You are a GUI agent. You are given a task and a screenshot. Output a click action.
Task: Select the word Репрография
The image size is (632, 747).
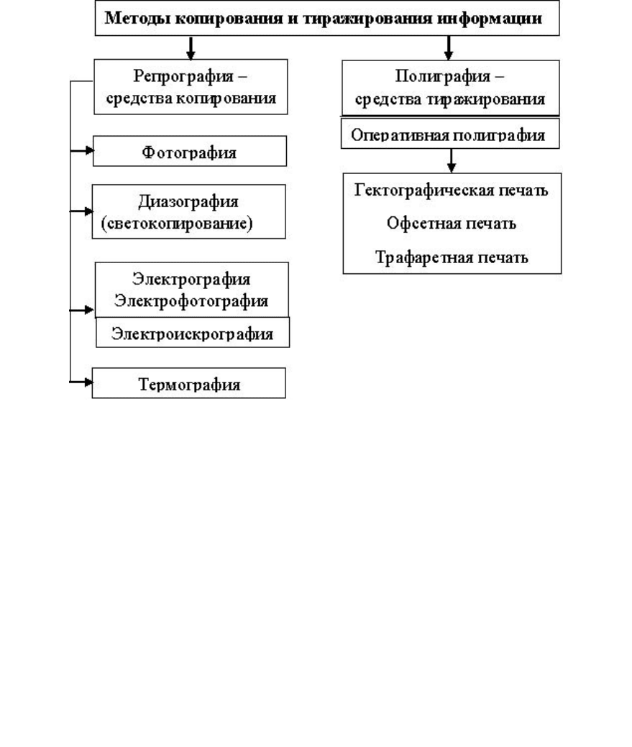coord(183,76)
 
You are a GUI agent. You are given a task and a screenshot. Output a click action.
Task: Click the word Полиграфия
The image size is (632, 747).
coord(442,76)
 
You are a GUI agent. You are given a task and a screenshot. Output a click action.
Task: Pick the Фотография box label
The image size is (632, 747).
coord(189,152)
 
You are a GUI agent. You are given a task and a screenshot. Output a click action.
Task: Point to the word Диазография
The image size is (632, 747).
coord(188,201)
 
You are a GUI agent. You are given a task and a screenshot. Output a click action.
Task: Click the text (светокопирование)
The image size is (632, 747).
coord(177,223)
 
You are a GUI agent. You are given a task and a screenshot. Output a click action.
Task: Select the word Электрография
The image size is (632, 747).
coord(191,279)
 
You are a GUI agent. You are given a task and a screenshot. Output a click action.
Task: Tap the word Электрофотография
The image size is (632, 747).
coord(191,301)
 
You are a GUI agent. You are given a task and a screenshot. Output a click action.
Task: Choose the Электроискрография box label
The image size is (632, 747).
coord(193,334)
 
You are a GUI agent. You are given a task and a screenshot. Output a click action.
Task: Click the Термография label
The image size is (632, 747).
coord(189,385)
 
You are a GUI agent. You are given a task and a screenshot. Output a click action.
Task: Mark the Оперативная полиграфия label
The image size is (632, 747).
coord(448,135)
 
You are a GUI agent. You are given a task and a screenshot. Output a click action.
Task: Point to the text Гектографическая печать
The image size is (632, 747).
coord(451,190)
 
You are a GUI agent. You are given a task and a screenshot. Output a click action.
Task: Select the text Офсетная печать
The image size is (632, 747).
coord(451,223)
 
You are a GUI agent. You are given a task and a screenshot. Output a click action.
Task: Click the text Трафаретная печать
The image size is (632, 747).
coord(452,257)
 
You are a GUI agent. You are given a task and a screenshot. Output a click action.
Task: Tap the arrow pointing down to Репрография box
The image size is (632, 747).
coord(191,48)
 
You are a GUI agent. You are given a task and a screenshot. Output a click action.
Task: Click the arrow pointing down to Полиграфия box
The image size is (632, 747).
coord(448,48)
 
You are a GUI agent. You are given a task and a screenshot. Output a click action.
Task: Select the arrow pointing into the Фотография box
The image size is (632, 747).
coord(82,150)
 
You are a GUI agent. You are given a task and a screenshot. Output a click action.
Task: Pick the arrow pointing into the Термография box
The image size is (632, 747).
coord(81,382)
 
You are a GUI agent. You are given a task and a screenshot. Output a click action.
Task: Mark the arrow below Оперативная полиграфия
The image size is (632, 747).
coord(451,160)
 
